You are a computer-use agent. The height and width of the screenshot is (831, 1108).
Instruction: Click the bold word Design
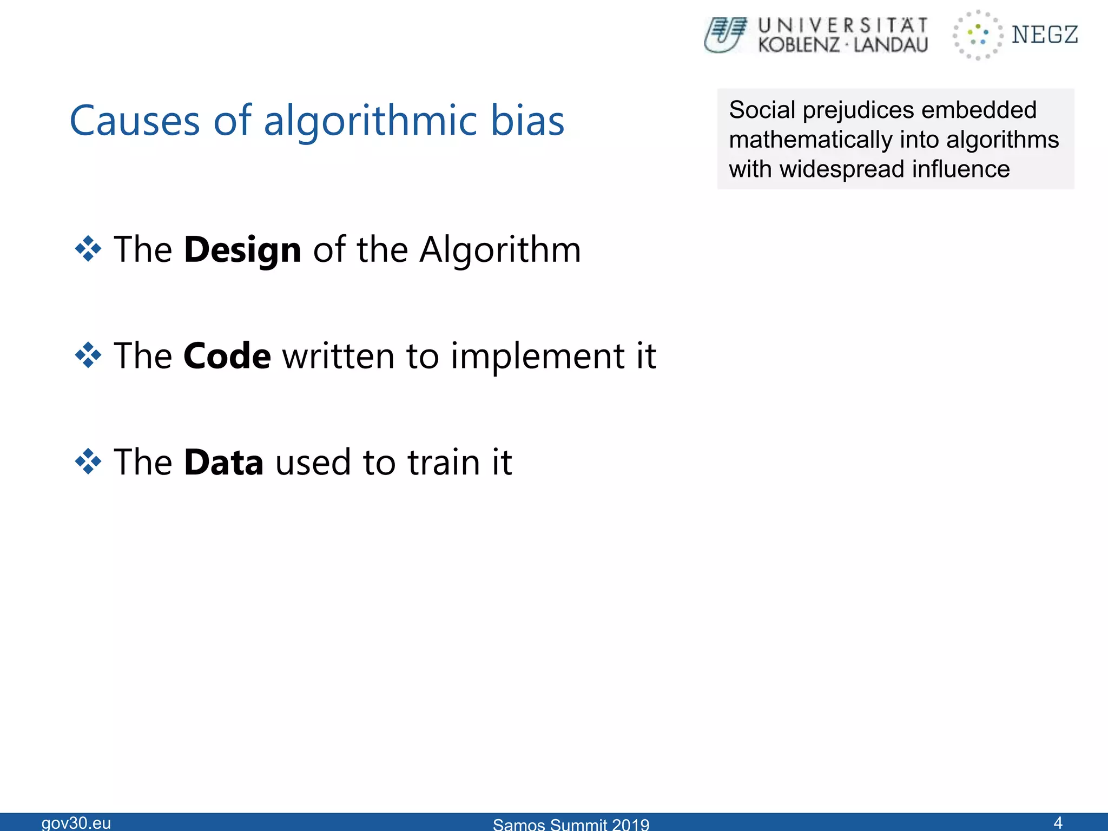coord(242,250)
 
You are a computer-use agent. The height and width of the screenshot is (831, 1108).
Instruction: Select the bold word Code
coord(227,356)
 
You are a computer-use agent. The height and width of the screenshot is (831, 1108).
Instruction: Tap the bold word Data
coord(223,462)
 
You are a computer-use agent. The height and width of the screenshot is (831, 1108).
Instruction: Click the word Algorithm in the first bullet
coord(500,250)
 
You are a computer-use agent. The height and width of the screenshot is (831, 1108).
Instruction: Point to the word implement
coord(538,357)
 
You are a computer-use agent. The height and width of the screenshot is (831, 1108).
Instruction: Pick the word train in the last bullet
coord(443,462)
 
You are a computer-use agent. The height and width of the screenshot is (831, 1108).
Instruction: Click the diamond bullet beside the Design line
coord(88,249)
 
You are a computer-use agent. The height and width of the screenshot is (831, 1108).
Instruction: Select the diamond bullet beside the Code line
coord(88,355)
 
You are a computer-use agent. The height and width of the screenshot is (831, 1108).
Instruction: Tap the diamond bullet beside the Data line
coord(88,461)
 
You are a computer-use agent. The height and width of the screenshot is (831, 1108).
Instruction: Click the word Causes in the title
coord(135,121)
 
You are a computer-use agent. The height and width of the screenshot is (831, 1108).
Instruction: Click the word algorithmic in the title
coord(370,121)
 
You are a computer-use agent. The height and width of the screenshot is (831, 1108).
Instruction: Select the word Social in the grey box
coord(762,110)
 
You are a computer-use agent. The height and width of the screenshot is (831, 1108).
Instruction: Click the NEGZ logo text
coord(1045,35)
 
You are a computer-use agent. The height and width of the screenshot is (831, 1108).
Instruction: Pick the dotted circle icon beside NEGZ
coord(978,35)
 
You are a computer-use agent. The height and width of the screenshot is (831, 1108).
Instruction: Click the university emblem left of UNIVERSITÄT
coord(726,35)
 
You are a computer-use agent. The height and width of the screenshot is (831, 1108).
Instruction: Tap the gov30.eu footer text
coord(76,822)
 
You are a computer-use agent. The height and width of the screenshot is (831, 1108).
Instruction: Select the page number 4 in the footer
coord(1058,822)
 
